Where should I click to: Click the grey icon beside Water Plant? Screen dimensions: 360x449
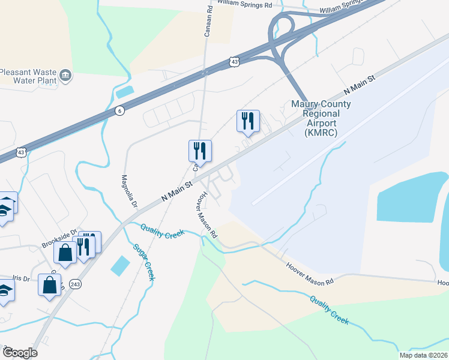coord(65,76)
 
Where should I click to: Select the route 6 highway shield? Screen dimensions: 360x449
coord(119,111)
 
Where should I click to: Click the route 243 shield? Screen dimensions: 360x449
coord(75,285)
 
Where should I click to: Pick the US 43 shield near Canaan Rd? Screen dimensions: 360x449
coord(234,62)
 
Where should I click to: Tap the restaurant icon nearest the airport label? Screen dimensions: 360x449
coord(248,122)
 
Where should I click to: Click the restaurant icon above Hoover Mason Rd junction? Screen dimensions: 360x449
coord(199,152)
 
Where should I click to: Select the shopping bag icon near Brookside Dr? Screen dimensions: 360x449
coord(65,252)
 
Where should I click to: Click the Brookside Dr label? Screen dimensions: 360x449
coord(59,239)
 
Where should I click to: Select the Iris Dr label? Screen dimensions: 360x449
coord(20,278)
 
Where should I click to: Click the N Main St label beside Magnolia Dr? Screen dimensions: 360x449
coord(176,193)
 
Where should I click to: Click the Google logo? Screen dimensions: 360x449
coord(19,353)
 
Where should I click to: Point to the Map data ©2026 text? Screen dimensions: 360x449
coord(423,355)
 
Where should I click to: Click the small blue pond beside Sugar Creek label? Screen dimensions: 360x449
coord(119,265)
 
